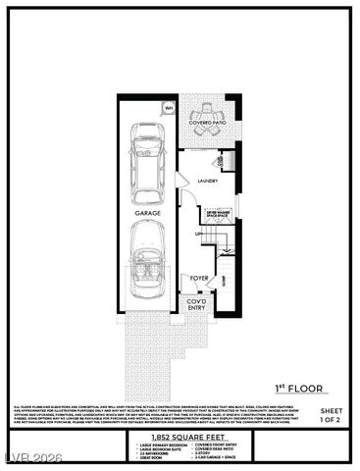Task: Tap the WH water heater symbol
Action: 168,108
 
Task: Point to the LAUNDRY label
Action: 207,181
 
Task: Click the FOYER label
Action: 199,278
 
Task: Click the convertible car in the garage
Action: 148,263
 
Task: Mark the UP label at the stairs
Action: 198,234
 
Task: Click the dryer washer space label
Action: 217,212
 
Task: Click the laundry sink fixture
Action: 221,159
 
